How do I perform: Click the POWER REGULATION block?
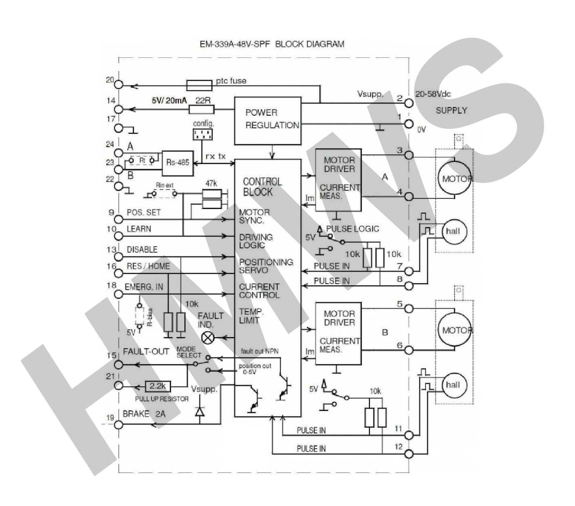[267, 120]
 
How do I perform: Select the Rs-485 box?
[177, 163]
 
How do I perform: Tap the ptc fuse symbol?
[199, 85]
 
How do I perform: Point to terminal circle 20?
[119, 85]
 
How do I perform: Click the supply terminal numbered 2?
[409, 103]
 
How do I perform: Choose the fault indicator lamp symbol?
[207, 338]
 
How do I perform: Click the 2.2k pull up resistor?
[158, 386]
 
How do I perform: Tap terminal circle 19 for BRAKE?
[119, 425]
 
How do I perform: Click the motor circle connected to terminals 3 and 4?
[455, 178]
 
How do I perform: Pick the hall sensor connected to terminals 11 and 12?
[453, 385]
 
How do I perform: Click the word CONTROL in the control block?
[262, 182]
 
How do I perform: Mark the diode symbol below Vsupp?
[199, 411]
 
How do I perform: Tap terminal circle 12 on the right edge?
[409, 453]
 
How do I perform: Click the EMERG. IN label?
[144, 287]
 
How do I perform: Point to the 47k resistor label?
[211, 183]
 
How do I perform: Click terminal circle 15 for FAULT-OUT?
[119, 365]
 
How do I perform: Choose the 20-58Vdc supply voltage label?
[433, 94]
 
